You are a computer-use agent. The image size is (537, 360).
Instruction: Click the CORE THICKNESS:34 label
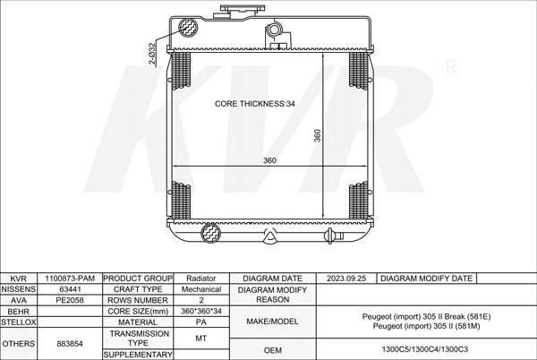click(254, 104)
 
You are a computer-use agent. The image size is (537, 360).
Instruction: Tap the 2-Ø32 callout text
click(152, 54)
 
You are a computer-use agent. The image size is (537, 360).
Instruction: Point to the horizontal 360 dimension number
click(269, 160)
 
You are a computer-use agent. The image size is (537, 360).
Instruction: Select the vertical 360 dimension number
click(317, 135)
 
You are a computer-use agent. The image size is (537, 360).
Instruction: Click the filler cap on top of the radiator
click(243, 11)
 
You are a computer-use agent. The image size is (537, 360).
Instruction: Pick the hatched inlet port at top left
click(188, 27)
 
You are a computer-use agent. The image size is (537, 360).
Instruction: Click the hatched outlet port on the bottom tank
click(210, 233)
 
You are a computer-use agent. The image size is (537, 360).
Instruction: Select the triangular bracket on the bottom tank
click(270, 236)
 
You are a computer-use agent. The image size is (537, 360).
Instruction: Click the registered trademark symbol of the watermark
click(451, 67)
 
